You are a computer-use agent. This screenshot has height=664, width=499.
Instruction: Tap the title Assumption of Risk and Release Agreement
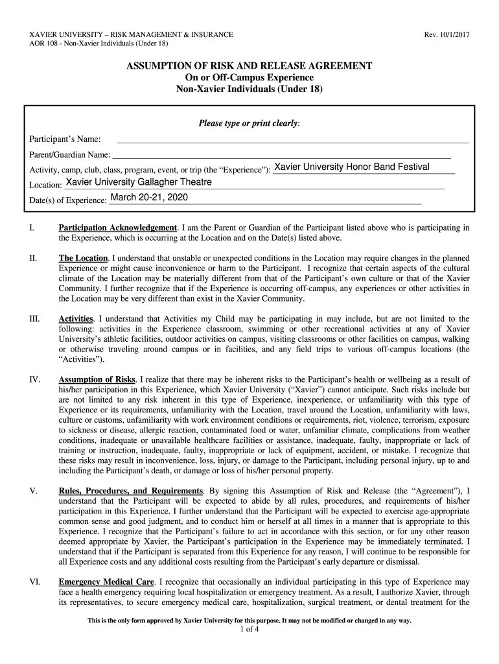point(249,66)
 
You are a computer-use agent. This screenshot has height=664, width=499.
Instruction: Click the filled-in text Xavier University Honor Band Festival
point(352,167)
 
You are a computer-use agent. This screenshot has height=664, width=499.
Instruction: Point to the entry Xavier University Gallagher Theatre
point(139,182)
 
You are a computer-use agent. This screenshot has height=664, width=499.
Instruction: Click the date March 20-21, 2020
point(149,197)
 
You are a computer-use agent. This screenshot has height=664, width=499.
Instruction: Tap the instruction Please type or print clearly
point(249,123)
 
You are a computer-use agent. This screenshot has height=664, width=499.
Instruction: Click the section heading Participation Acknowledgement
point(118,228)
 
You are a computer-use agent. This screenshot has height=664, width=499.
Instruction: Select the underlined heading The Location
point(83,258)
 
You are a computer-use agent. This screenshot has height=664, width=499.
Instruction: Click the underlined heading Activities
point(76,318)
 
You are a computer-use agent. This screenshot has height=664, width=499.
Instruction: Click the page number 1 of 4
point(250,630)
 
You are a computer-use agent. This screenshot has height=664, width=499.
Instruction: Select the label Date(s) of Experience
point(68,200)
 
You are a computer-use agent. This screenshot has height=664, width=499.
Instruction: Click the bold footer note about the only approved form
point(250,621)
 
